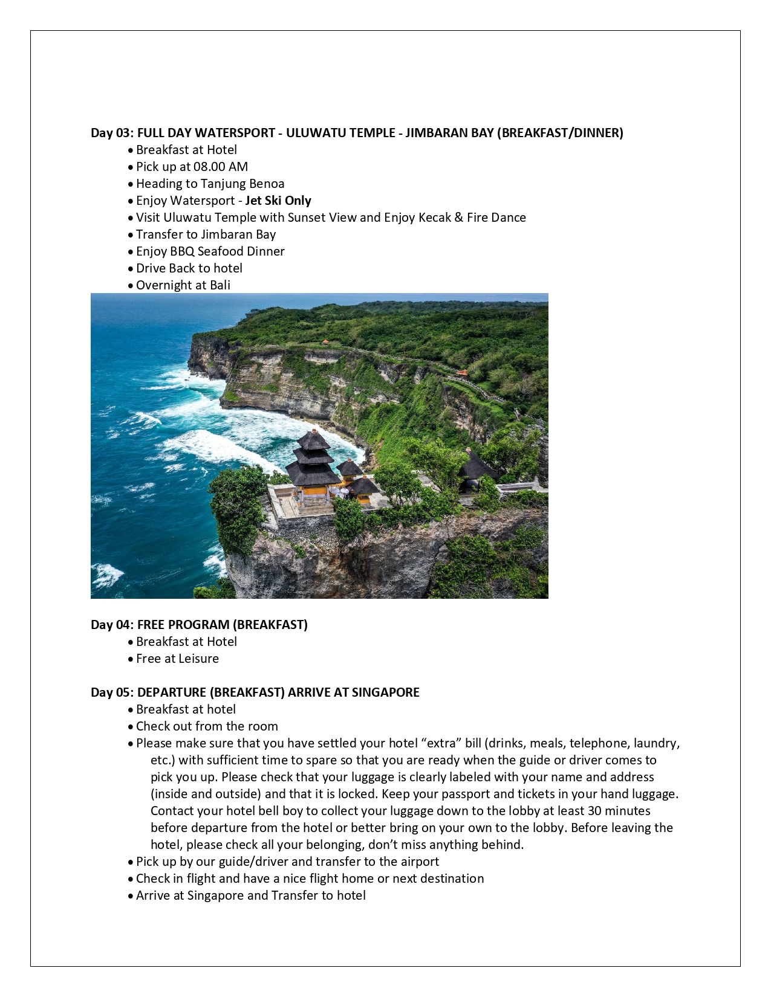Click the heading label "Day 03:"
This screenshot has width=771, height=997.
(112, 133)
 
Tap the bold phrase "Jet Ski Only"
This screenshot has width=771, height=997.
(278, 201)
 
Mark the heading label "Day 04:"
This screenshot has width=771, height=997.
(112, 625)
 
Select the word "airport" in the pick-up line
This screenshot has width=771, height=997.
(418, 862)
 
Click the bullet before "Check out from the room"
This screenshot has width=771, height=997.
(131, 727)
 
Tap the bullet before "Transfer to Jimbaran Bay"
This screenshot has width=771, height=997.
(131, 235)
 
